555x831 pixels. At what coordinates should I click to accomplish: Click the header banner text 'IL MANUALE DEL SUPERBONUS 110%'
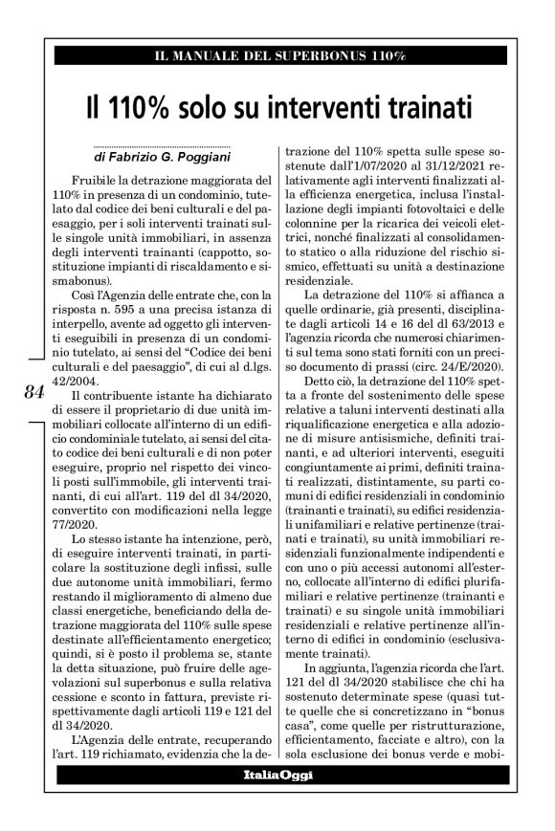[x=277, y=57]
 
